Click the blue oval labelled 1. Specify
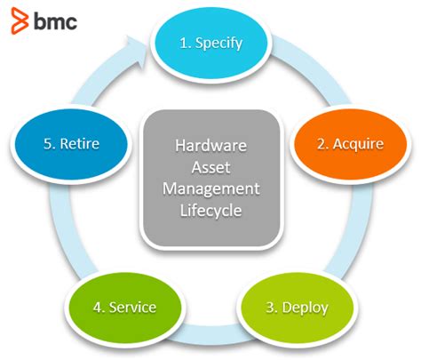click(x=210, y=42)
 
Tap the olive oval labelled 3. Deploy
click(x=297, y=308)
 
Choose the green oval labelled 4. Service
click(x=124, y=308)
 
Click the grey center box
click(x=210, y=177)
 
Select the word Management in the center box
click(x=210, y=188)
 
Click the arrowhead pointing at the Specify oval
click(x=138, y=44)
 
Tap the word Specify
click(x=219, y=42)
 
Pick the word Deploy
click(x=306, y=308)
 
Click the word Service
click(x=132, y=308)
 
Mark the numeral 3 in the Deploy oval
click(x=270, y=308)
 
